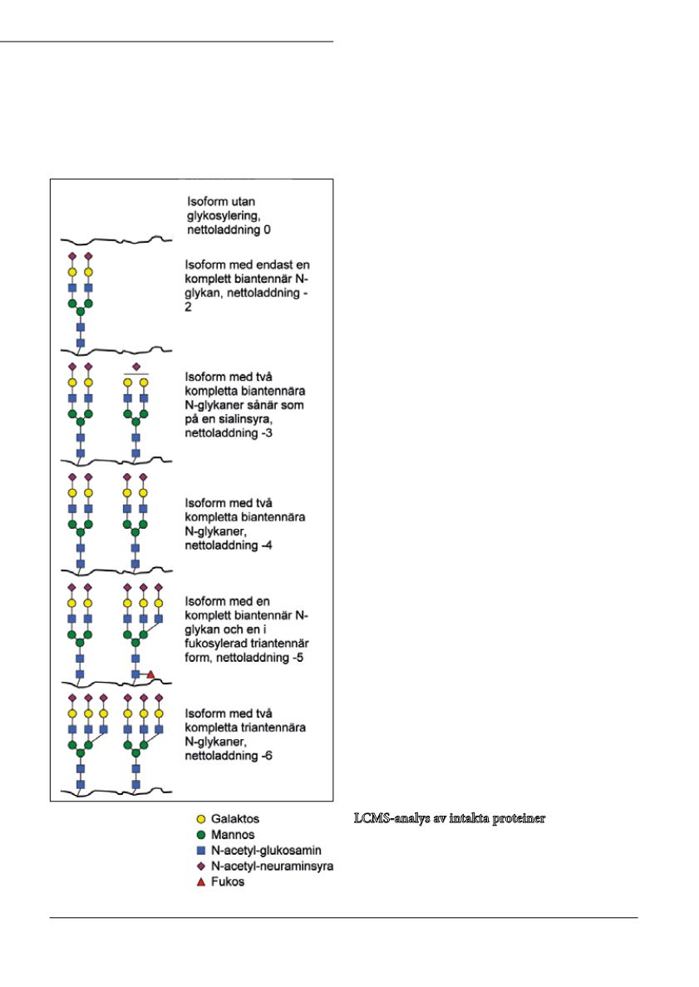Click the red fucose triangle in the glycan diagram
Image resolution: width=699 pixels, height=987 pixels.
pyautogui.click(x=150, y=675)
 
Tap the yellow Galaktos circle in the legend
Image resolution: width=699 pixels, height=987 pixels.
pyautogui.click(x=201, y=819)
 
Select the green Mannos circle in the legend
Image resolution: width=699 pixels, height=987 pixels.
pyautogui.click(x=201, y=835)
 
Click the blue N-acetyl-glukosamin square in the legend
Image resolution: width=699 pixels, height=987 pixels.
pyautogui.click(x=201, y=851)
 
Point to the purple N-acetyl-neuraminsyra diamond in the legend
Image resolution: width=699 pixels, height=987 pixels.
pyautogui.click(x=201, y=866)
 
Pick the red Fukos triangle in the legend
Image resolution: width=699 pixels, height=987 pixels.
pyautogui.click(x=201, y=882)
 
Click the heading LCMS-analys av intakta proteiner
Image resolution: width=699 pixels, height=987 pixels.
pyautogui.click(x=449, y=818)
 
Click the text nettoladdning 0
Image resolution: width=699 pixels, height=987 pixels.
pyautogui.click(x=229, y=229)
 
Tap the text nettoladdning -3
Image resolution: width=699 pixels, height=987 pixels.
pyautogui.click(x=229, y=433)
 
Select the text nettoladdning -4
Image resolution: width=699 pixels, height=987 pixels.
pyautogui.click(x=229, y=545)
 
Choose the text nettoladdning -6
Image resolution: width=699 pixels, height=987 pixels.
pyautogui.click(x=229, y=755)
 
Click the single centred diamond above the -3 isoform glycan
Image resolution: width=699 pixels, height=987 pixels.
pyautogui.click(x=136, y=367)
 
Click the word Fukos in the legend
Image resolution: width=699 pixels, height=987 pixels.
pyautogui.click(x=228, y=882)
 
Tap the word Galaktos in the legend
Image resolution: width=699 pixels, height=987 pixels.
pyautogui.click(x=235, y=819)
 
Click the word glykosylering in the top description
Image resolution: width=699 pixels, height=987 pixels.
pyautogui.click(x=224, y=216)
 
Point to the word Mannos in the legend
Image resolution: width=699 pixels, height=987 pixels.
pyautogui.click(x=233, y=835)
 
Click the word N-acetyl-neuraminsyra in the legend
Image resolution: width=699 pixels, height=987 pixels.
pyautogui.click(x=273, y=866)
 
